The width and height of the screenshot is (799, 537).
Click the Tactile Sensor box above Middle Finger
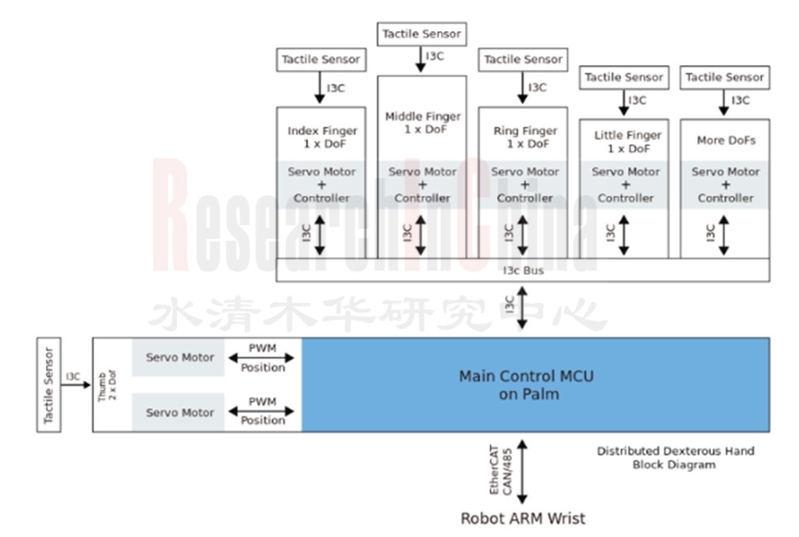click(422, 34)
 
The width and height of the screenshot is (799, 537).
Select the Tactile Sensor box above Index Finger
click(320, 60)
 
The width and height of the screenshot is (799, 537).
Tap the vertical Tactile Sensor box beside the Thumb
click(49, 385)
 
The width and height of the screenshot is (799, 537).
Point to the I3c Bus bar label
click(523, 271)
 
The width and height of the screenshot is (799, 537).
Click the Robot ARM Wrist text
click(523, 518)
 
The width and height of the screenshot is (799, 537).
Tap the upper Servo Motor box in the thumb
click(179, 357)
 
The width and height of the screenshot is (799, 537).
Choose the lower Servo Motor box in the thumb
click(179, 412)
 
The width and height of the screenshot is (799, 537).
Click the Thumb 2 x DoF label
click(107, 385)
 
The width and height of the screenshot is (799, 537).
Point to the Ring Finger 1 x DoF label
click(524, 138)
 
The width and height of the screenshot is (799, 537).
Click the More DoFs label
click(725, 141)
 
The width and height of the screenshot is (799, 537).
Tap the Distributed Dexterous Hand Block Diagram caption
click(674, 457)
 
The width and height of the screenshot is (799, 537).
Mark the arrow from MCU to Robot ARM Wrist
click(523, 472)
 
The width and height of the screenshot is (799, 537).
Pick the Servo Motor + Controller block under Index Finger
click(320, 185)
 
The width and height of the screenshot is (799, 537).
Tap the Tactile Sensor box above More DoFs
click(725, 77)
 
